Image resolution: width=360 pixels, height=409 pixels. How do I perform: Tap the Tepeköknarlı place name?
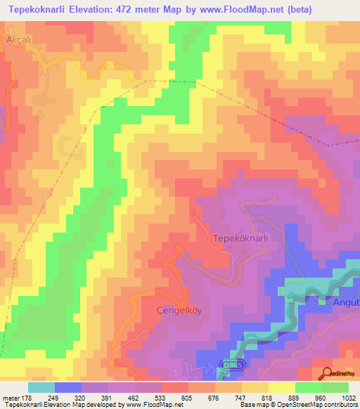click(240, 238)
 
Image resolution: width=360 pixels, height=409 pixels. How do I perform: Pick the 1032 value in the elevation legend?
click(349, 398)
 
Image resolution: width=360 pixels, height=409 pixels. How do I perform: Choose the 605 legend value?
click(187, 398)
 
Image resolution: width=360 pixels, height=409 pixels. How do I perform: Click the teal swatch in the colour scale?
click(41, 387)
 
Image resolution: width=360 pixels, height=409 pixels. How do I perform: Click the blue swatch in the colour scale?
click(67, 387)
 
